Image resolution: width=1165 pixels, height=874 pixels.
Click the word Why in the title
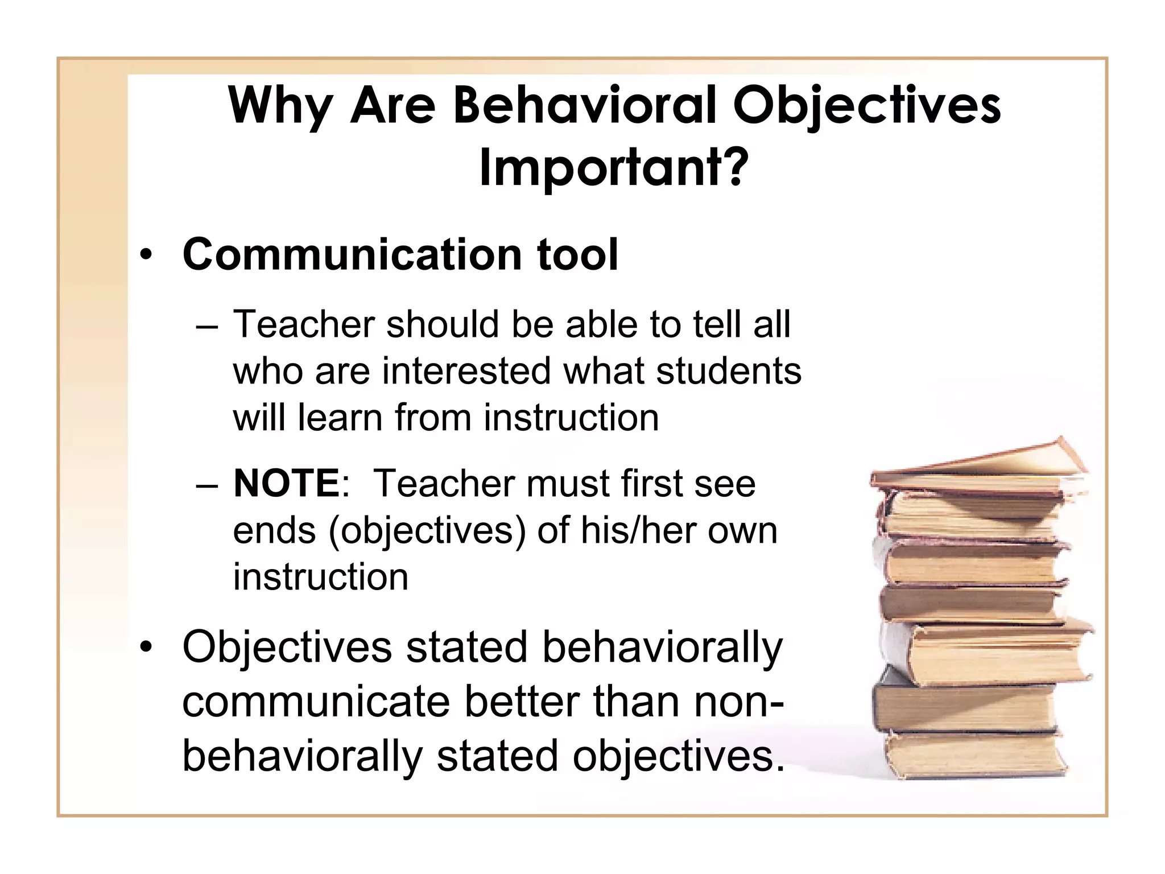pyautogui.click(x=279, y=106)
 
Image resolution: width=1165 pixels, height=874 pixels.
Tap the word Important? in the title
pyautogui.click(x=613, y=168)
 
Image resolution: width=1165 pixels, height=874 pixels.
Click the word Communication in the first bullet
pyautogui.click(x=352, y=254)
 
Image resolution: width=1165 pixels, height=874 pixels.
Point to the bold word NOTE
pyautogui.click(x=287, y=484)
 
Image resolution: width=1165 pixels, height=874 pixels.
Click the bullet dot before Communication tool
pyautogui.click(x=147, y=255)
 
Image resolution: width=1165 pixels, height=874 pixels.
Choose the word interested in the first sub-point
pyautogui.click(x=466, y=371)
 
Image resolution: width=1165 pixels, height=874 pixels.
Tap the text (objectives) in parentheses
pyautogui.click(x=427, y=531)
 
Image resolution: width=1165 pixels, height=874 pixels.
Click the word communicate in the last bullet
pyautogui.click(x=316, y=702)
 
